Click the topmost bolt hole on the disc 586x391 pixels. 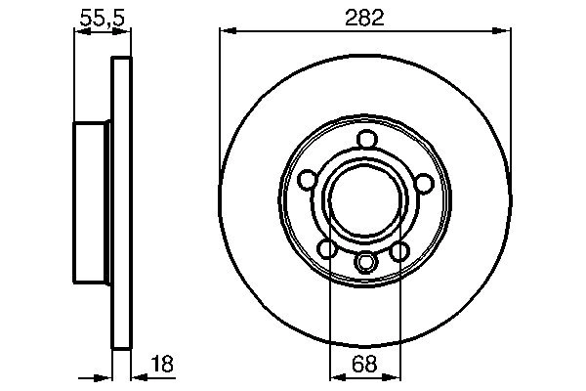coord(365,139)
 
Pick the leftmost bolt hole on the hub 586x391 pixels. coord(307,182)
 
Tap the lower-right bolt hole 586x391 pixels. coord(399,252)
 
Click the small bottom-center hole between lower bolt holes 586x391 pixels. coord(365,263)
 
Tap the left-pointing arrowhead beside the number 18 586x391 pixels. coord(136,376)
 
